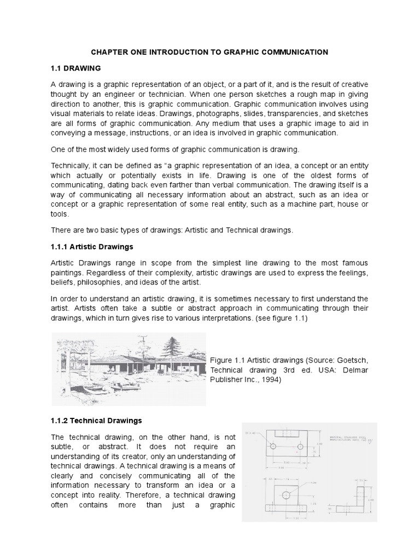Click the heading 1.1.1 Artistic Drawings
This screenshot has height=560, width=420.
(x=91, y=247)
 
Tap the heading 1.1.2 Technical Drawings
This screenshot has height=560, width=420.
(x=96, y=421)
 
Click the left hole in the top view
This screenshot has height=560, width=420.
(x=272, y=446)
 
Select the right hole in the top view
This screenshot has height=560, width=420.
(x=300, y=446)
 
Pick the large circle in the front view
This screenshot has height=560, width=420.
(x=285, y=495)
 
